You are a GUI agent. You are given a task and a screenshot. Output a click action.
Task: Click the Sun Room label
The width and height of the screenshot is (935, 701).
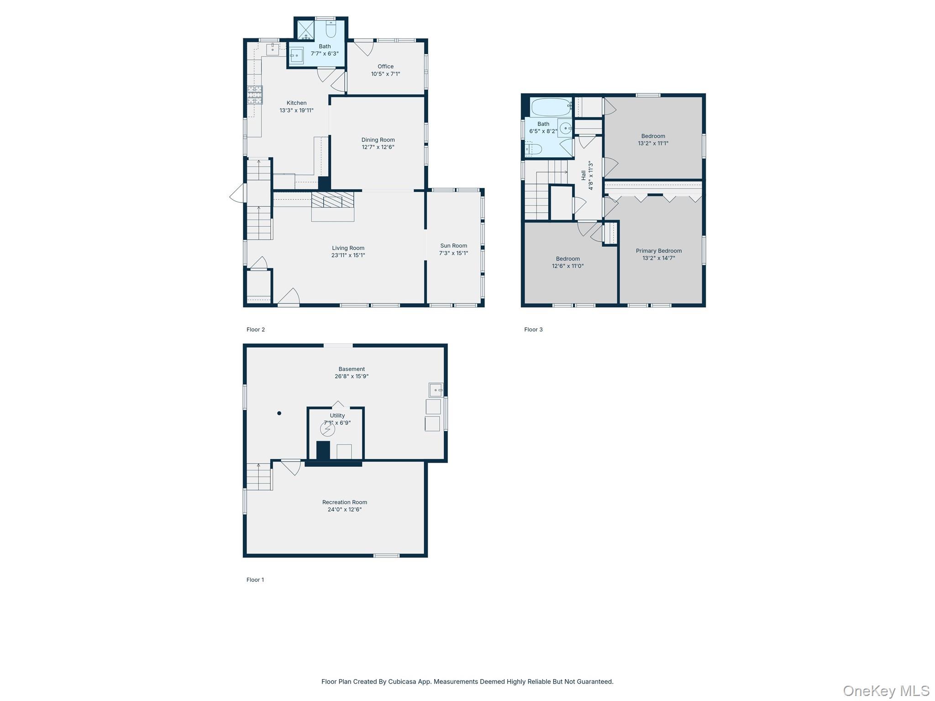(453, 246)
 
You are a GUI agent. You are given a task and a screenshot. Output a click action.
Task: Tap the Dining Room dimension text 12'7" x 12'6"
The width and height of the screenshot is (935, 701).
(378, 147)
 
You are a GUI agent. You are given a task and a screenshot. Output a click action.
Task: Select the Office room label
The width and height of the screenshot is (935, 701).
(385, 67)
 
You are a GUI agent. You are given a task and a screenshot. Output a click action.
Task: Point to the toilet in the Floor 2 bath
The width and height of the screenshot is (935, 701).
(331, 29)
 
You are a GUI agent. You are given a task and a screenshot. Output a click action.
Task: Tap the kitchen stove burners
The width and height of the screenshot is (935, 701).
(255, 95)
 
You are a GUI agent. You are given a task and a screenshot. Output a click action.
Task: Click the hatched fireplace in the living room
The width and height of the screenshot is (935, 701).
(333, 200)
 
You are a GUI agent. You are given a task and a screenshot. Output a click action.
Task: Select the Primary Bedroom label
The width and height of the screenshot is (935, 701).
(659, 251)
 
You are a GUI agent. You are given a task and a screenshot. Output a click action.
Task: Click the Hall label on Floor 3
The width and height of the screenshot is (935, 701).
(583, 175)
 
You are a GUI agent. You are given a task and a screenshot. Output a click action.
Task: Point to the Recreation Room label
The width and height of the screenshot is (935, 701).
(345, 502)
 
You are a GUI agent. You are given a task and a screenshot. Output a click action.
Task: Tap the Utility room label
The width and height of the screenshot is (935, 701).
(337, 416)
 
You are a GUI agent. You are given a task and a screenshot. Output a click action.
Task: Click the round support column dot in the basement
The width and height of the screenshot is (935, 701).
(279, 413)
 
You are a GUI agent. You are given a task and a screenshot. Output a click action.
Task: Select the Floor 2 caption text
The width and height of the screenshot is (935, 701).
(256, 330)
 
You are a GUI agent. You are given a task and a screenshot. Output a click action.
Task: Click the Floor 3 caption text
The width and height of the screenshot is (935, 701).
(533, 330)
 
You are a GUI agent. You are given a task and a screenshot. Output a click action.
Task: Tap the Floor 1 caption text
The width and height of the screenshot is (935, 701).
(255, 580)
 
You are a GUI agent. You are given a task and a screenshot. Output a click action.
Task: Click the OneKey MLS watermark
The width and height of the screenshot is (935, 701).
(886, 691)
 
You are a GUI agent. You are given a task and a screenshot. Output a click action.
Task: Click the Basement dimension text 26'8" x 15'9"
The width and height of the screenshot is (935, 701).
(352, 377)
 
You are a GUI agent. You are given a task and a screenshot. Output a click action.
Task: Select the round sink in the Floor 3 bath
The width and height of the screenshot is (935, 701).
(566, 128)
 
